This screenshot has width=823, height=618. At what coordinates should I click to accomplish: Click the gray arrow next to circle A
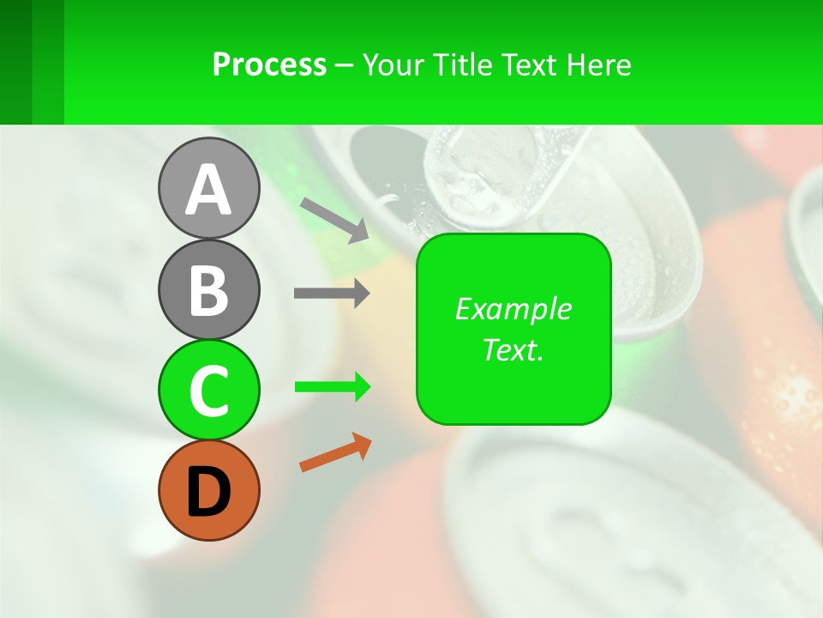(333, 220)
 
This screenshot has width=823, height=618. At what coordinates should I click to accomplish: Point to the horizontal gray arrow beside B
(331, 294)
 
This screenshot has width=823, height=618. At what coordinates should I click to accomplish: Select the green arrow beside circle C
(332, 387)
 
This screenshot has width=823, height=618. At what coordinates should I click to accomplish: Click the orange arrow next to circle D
(335, 452)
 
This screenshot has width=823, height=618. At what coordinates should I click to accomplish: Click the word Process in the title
(269, 65)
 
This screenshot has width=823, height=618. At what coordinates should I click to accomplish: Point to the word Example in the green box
(513, 309)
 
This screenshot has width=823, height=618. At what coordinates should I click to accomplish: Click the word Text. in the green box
(513, 349)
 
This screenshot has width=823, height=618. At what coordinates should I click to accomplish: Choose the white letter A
(208, 190)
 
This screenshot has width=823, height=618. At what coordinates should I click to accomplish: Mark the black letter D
(208, 491)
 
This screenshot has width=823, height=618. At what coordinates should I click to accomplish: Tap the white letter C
(208, 391)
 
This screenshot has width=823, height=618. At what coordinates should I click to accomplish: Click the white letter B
(208, 290)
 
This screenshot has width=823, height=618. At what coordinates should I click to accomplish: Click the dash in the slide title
(345, 66)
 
